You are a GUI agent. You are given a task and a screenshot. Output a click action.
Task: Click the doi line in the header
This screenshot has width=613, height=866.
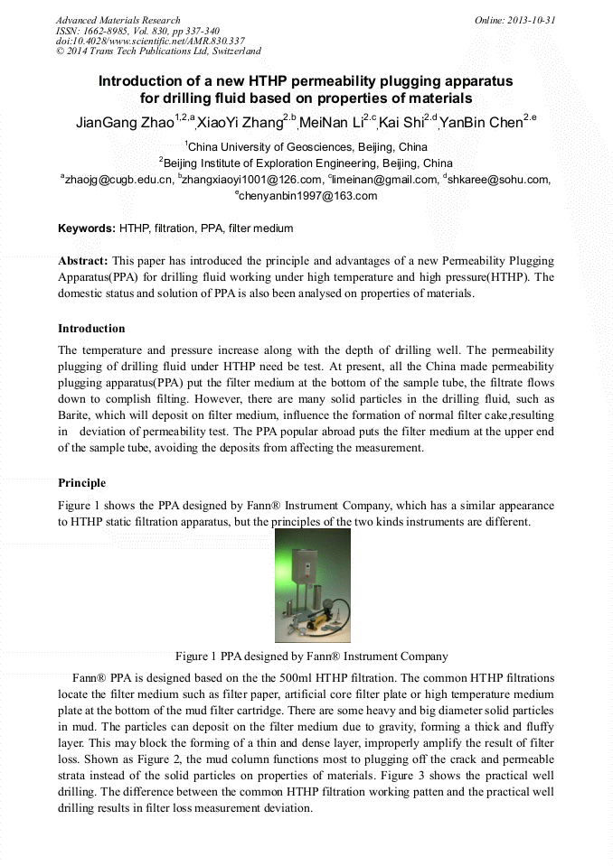pos(150,41)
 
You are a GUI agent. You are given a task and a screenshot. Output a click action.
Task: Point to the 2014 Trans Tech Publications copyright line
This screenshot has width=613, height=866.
pos(158,51)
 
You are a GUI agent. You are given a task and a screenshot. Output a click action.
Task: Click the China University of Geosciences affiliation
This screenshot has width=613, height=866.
pos(306,146)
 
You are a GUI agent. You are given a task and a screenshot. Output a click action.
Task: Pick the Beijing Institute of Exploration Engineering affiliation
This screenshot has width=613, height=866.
pos(306,163)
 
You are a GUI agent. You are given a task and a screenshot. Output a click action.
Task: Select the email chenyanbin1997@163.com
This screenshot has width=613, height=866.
pos(307,196)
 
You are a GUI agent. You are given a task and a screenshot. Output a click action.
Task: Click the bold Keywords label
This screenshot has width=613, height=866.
pos(86,228)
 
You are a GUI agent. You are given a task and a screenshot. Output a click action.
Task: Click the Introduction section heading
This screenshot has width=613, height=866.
pos(91,328)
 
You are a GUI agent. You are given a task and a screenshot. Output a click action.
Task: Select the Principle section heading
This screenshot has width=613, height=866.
pos(81,483)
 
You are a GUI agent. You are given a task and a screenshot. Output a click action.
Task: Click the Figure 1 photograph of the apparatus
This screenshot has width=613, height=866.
pos(312,585)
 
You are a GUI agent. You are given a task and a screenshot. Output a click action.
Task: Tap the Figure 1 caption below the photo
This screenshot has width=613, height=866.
pos(311,656)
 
